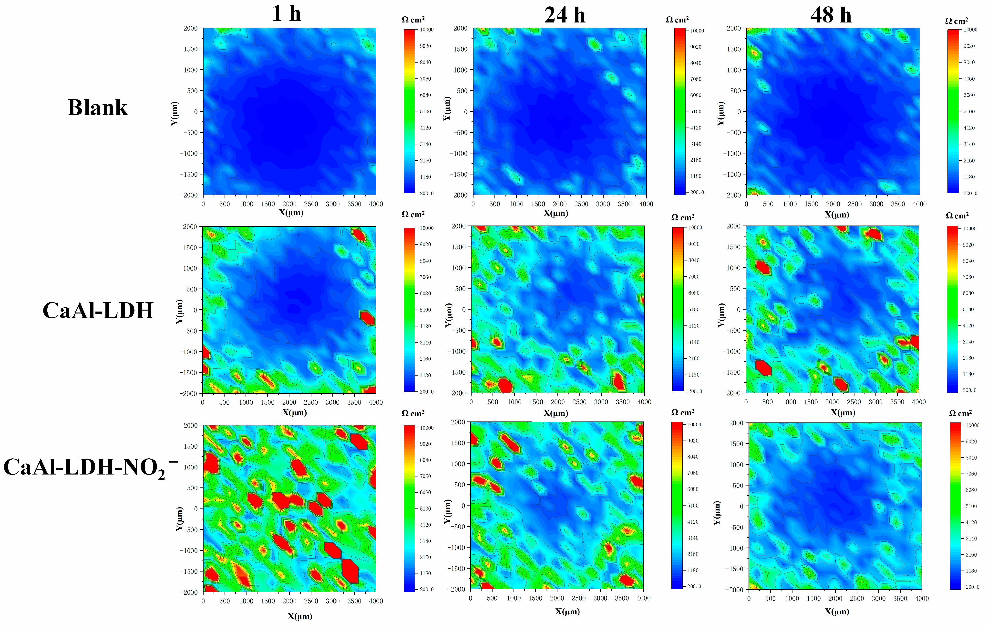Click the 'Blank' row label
[x=98, y=108]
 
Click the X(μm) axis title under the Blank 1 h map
[x=291, y=213]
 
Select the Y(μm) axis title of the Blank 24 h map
[x=447, y=109]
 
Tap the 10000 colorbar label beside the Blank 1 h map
[x=426, y=30]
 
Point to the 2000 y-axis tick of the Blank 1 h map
[x=191, y=28]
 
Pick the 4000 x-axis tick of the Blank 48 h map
[x=919, y=204]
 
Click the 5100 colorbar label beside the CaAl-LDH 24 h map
[x=694, y=309]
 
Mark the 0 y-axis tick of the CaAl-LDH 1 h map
[x=195, y=310]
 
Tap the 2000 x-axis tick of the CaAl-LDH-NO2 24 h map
[x=557, y=598]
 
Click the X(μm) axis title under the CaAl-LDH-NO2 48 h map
[x=837, y=612]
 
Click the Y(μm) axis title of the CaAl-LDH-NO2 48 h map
[x=717, y=513]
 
